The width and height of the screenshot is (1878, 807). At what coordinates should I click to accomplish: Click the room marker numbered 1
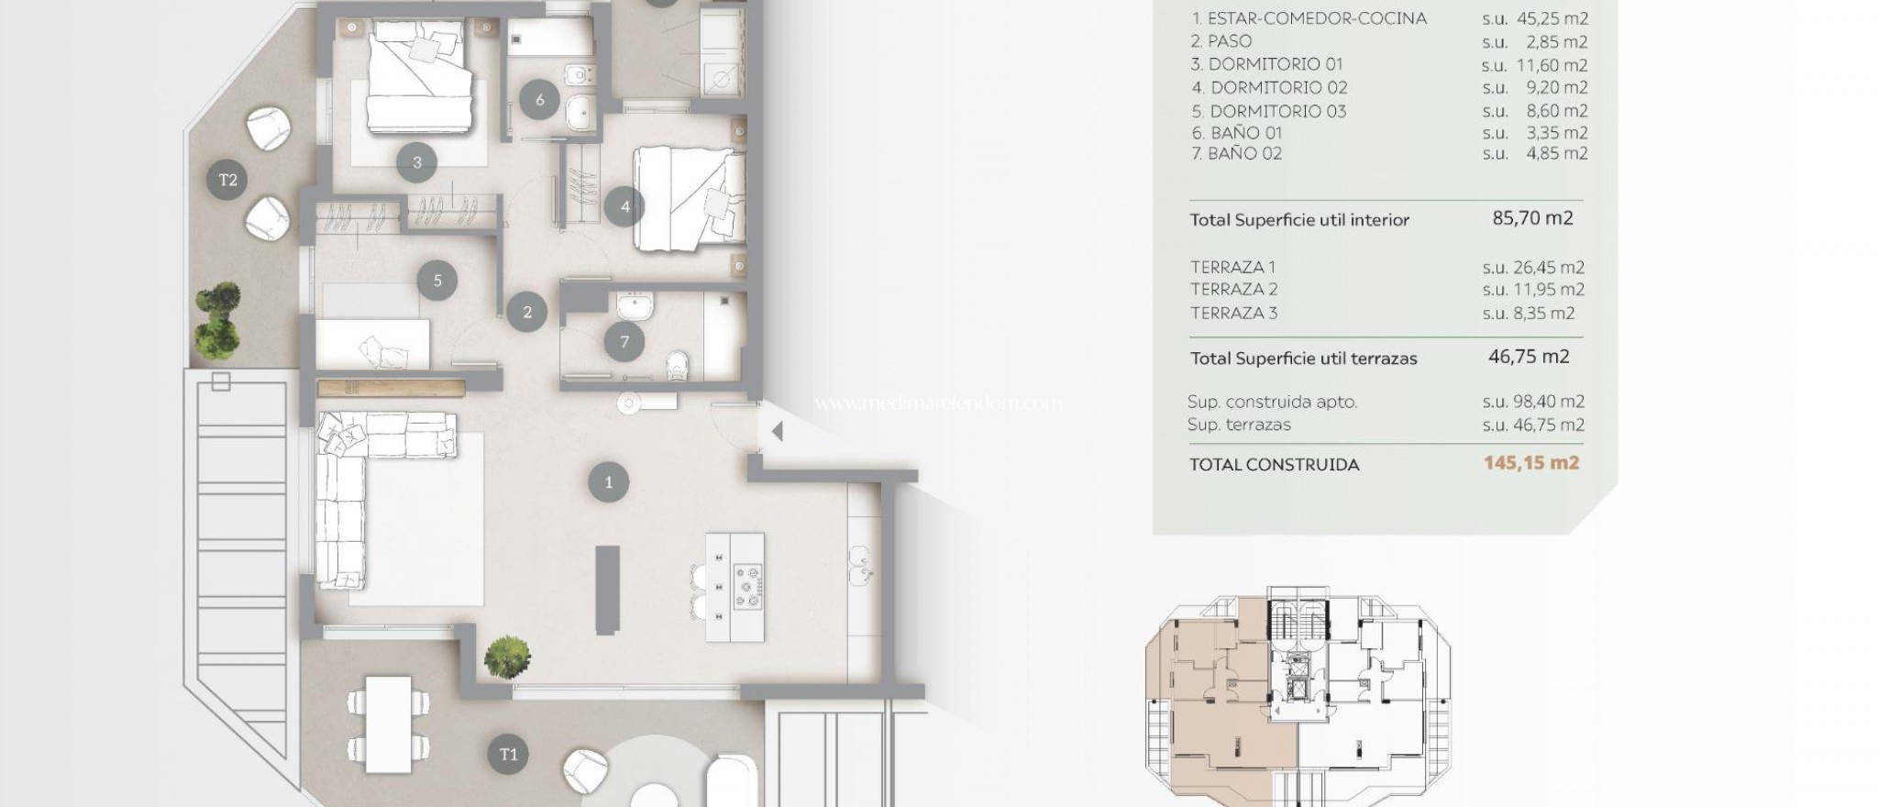tap(609, 482)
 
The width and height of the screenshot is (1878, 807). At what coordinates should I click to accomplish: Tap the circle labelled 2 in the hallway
tap(527, 312)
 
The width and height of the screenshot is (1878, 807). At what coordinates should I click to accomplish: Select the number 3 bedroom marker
tap(417, 163)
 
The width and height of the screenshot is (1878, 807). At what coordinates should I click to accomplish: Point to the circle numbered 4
tap(625, 206)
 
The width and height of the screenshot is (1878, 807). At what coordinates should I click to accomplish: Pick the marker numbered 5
tap(437, 281)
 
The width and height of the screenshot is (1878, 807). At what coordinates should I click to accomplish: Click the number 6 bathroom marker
tap(540, 99)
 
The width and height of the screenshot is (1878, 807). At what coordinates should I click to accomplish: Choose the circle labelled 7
tap(624, 342)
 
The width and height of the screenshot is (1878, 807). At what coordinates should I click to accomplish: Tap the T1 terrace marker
tap(509, 755)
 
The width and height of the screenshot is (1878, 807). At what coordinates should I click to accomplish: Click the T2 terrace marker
tap(228, 180)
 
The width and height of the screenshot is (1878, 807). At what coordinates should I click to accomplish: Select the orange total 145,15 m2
tap(1531, 463)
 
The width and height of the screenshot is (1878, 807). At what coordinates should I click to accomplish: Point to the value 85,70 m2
tap(1532, 218)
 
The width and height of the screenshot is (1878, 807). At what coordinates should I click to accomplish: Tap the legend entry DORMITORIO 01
tap(1266, 64)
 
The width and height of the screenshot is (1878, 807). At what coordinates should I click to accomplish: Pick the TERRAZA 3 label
tap(1233, 313)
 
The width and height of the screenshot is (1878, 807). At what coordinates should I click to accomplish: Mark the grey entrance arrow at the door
tap(777, 431)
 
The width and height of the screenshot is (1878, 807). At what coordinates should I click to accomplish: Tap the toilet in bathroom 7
tap(679, 364)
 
